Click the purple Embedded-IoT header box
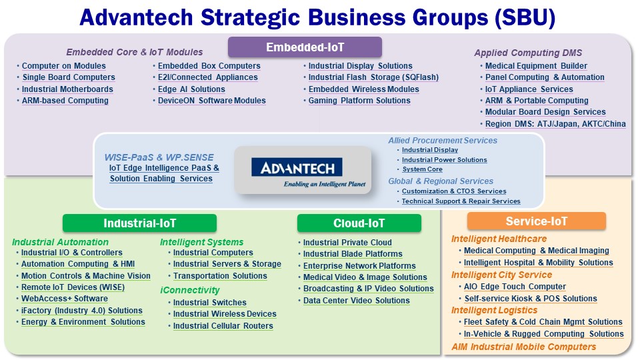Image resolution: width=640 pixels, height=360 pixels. [x=305, y=47]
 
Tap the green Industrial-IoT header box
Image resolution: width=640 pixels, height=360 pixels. [x=139, y=223]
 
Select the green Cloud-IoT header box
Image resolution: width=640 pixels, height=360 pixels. [x=359, y=223]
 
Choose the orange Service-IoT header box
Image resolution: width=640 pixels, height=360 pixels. [x=536, y=221]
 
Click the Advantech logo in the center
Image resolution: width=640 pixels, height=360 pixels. [x=297, y=167]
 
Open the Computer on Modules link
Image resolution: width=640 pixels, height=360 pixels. [x=64, y=66]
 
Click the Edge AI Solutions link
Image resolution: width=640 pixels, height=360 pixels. [x=191, y=89]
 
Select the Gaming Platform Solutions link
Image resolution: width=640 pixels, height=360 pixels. [x=359, y=101]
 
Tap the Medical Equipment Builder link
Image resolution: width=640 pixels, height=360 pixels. [x=536, y=66]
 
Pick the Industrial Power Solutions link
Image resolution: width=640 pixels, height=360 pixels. [x=444, y=159]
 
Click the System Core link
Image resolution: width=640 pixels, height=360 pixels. [x=422, y=169]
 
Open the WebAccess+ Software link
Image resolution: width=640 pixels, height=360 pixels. [x=65, y=299]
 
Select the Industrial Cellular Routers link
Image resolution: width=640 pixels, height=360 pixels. [x=223, y=326]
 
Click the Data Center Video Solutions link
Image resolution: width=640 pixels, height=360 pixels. [x=356, y=301]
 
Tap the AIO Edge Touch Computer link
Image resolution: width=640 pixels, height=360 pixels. [x=515, y=287]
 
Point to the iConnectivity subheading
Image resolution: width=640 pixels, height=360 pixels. [x=190, y=290]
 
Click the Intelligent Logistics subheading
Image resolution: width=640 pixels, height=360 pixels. [x=494, y=310]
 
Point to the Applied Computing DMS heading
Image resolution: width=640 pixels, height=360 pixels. [x=528, y=53]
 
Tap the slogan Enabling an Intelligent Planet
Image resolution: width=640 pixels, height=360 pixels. [x=325, y=184]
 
